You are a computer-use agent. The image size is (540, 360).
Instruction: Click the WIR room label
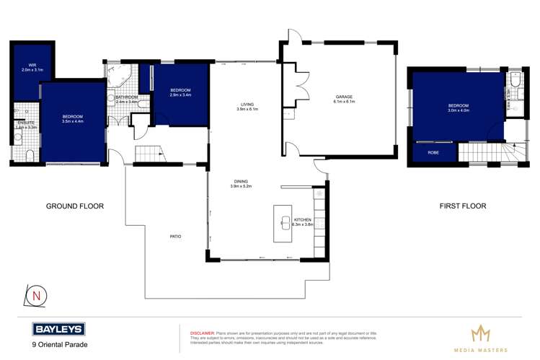[32, 64]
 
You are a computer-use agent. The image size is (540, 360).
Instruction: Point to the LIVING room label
[247, 105]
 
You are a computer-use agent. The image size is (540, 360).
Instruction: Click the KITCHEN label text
[303, 219]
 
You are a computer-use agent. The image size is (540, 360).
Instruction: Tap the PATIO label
[175, 236]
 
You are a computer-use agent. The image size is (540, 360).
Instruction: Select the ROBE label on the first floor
[433, 152]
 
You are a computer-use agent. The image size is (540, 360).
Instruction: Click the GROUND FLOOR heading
[75, 206]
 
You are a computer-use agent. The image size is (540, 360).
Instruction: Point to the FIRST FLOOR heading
[463, 206]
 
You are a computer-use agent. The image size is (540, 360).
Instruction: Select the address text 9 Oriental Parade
[61, 345]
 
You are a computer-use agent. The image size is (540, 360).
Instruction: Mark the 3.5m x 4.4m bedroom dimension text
[73, 122]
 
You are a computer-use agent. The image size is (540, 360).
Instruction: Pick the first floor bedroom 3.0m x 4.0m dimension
[458, 110]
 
